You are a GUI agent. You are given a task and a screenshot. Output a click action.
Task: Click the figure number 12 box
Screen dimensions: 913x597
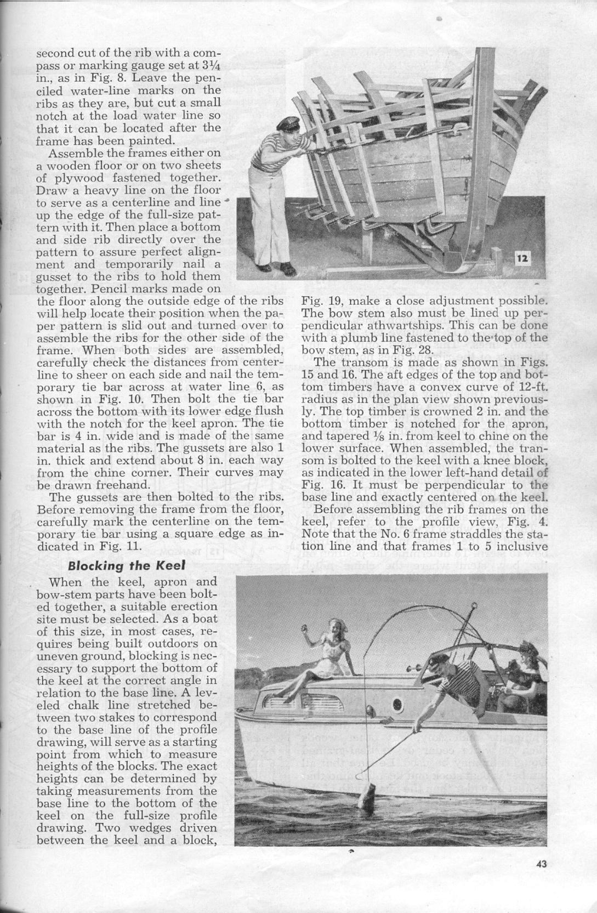(524, 258)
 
